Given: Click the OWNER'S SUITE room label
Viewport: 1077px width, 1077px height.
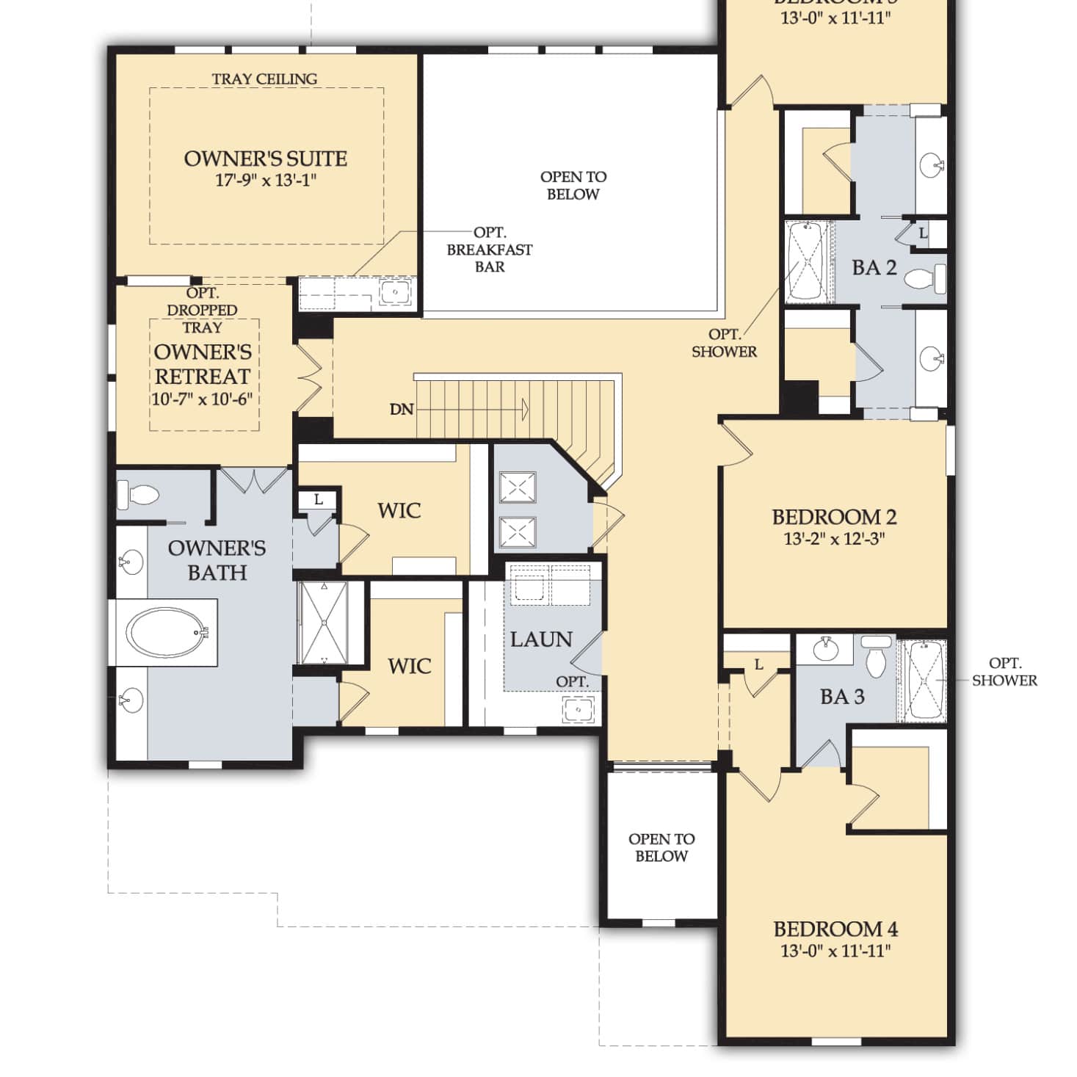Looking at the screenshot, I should click(x=265, y=159).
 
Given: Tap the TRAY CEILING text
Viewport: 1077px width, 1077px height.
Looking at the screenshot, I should click(x=264, y=79).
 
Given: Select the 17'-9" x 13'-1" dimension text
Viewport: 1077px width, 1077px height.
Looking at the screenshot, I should click(x=265, y=180).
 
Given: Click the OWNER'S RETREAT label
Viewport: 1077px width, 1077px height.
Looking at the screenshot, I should click(x=203, y=364).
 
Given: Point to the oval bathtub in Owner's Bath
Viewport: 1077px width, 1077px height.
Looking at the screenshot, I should click(x=166, y=633).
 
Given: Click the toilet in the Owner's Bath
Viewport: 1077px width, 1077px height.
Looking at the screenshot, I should click(x=139, y=494).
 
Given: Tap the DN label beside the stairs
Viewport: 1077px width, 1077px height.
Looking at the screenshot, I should click(x=402, y=410).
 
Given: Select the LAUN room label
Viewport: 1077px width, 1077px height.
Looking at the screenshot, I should click(x=541, y=639).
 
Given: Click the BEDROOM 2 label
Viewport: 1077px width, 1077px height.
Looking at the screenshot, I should click(x=834, y=517).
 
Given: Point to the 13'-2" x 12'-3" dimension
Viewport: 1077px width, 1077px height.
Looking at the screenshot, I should click(x=834, y=539).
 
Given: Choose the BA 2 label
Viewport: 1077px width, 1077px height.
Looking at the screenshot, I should click(x=874, y=268).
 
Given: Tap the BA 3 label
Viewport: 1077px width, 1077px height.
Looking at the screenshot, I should click(x=842, y=697).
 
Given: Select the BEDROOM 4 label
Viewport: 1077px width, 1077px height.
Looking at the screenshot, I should click(x=835, y=929).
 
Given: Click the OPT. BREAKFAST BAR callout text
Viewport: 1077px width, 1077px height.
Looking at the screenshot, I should click(x=490, y=250).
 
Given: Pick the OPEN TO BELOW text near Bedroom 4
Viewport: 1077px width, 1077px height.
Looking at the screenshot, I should click(x=661, y=847).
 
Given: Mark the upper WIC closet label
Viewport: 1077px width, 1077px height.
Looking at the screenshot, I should click(x=399, y=510).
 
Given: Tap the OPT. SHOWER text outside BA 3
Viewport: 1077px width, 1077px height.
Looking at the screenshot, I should click(x=1004, y=672).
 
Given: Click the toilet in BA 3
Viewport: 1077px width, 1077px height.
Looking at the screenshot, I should click(x=877, y=657).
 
